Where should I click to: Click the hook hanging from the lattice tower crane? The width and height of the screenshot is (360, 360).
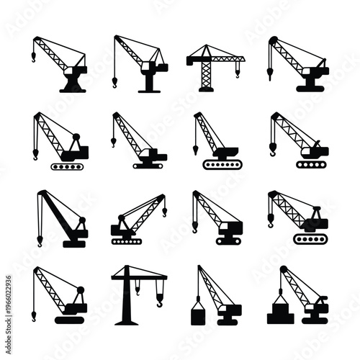point(238,72)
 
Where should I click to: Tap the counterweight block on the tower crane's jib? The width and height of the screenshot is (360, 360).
point(192,57)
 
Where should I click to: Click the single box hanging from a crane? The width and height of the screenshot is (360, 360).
point(196,315)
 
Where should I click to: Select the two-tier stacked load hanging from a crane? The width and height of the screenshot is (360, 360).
point(279,315)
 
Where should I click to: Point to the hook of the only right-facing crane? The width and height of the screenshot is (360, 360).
point(164,212)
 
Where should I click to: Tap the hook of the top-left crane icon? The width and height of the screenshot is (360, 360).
point(34,56)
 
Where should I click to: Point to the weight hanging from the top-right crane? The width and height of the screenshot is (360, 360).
point(271,74)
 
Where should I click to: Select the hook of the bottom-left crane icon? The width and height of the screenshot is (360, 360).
point(33,315)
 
